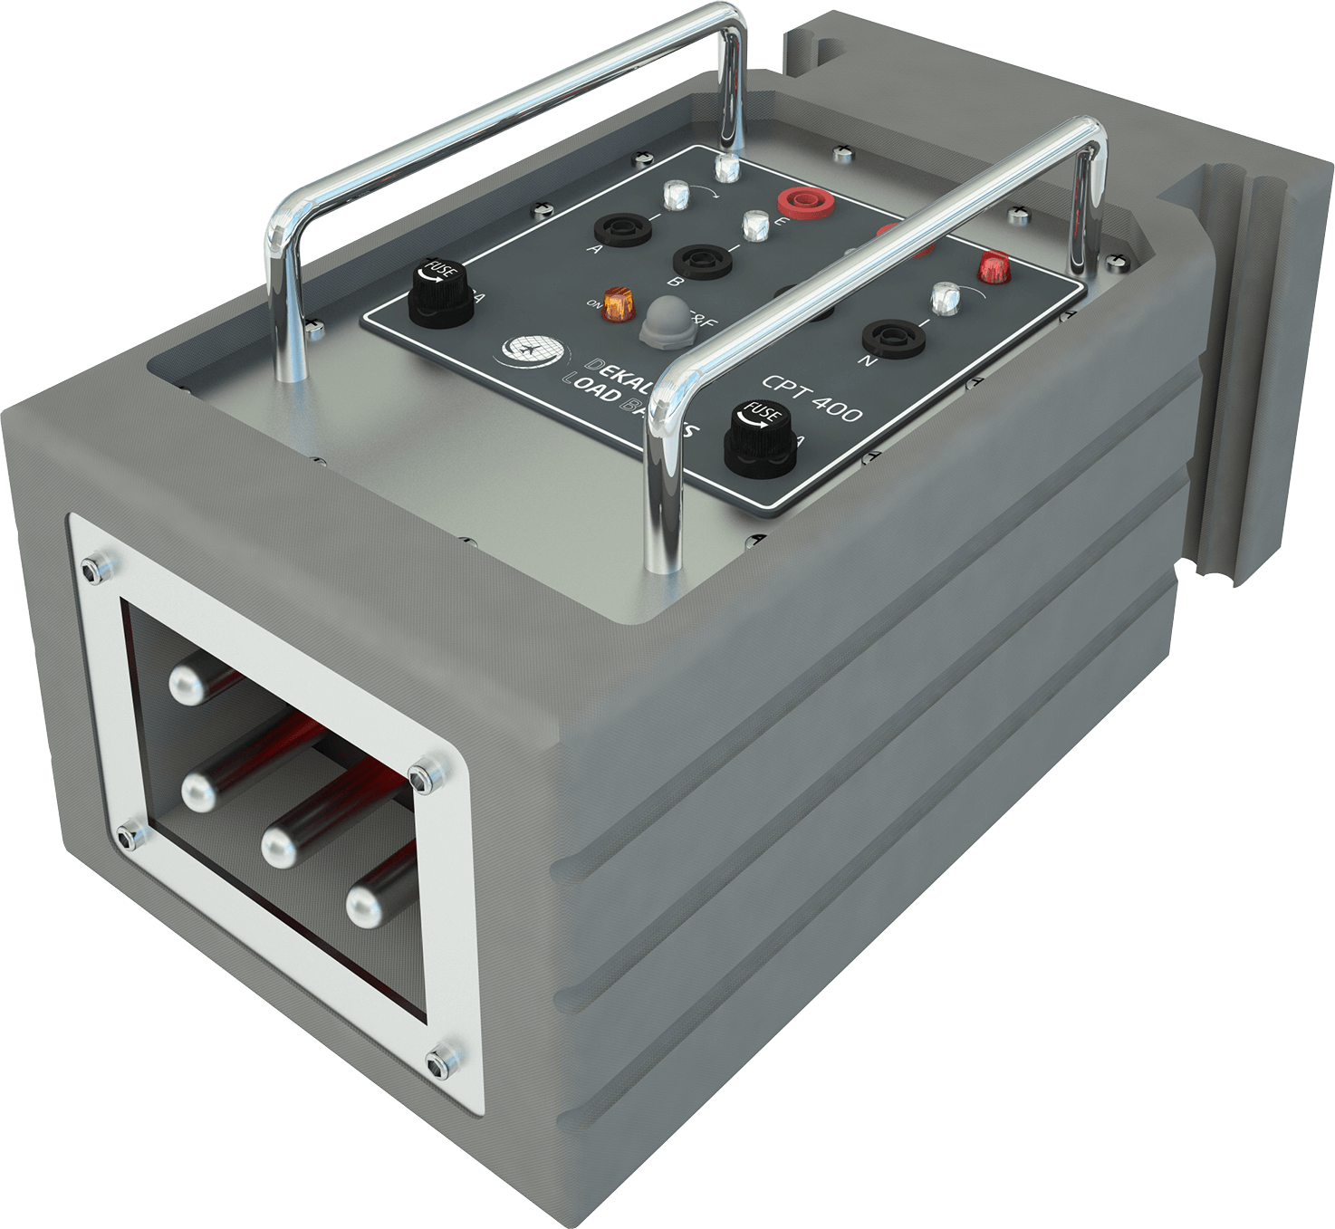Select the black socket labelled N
tap(893, 338)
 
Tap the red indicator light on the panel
tap(993, 266)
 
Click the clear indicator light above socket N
tap(944, 296)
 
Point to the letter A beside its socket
tap(595, 249)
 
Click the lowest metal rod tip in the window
tap(367, 903)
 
